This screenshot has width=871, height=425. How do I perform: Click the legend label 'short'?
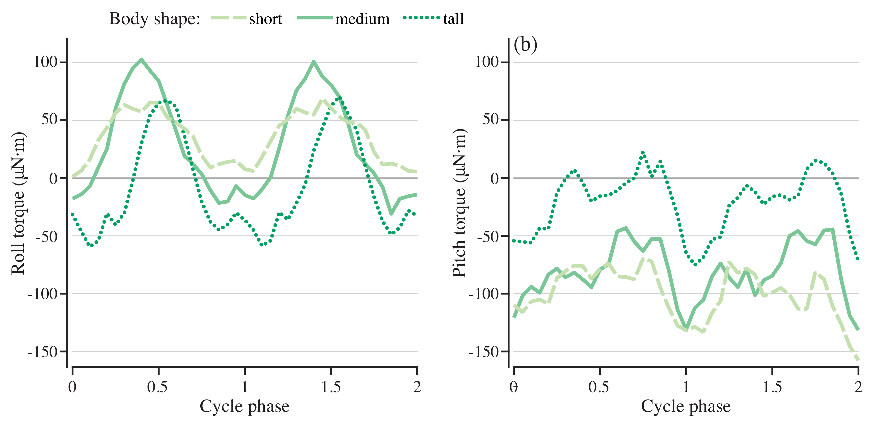point(265,19)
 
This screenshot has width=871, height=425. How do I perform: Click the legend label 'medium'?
point(362,19)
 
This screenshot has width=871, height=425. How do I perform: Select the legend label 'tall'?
point(453,19)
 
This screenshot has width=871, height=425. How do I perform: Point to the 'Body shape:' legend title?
point(154,19)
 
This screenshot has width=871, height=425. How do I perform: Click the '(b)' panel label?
point(525,45)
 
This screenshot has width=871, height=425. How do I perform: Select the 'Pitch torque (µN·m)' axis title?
point(459,203)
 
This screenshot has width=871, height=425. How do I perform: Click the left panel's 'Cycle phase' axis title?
point(244,406)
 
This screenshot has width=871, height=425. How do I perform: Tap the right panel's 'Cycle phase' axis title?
point(686,406)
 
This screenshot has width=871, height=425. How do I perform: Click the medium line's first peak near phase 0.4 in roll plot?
point(141,60)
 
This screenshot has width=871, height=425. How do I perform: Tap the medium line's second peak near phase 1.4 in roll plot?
point(314,62)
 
